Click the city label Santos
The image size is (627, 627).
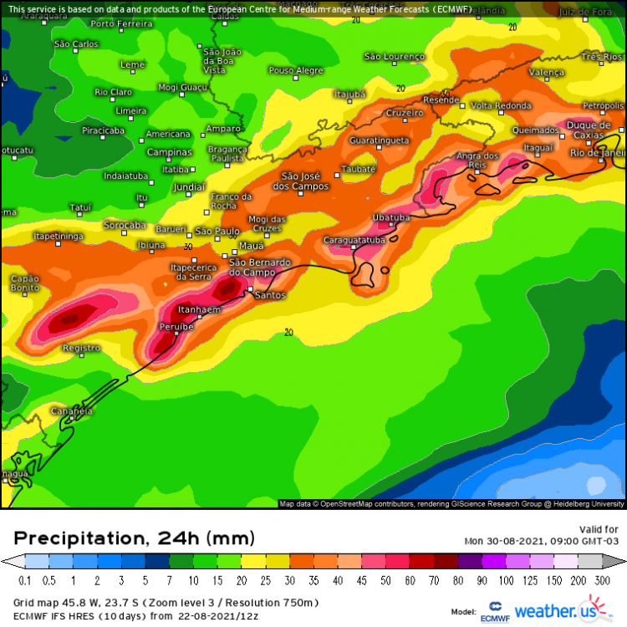270,295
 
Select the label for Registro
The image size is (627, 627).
81,348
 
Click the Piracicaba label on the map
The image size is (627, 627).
103,130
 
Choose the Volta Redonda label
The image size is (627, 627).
501,105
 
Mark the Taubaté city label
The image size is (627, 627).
359,168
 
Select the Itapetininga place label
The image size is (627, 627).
59,237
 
